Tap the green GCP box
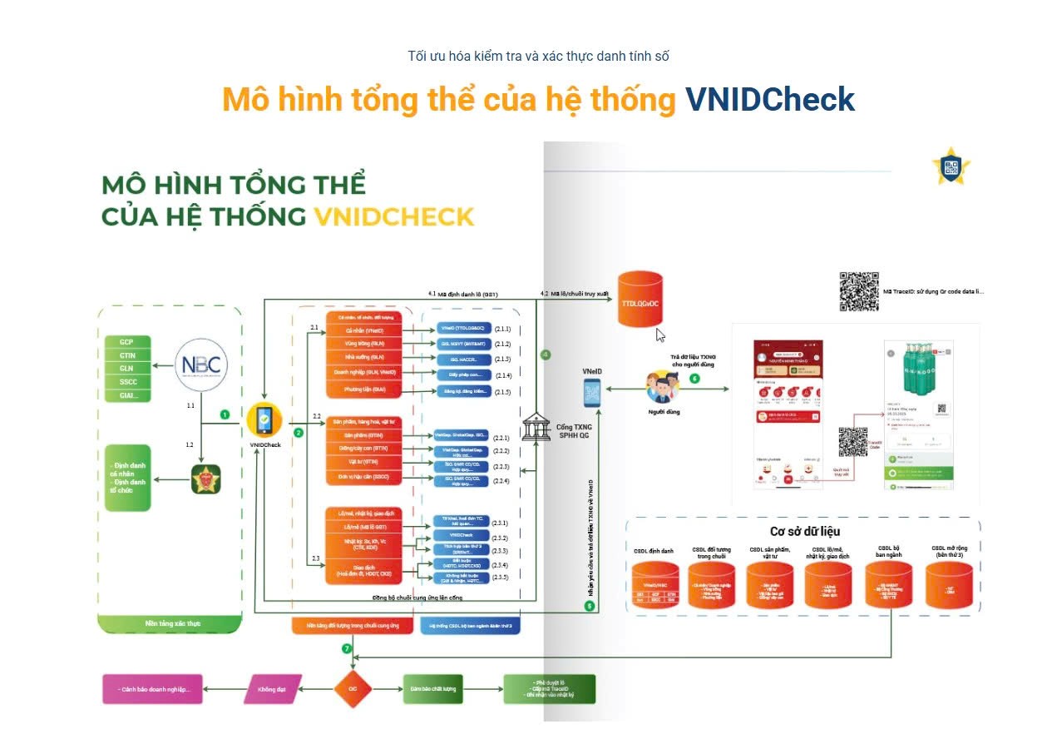tap(127, 342)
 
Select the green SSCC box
tap(127, 382)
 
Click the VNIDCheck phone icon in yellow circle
tap(264, 421)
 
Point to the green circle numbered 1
tap(225, 414)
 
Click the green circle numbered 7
tap(348, 648)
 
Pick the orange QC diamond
tap(353, 689)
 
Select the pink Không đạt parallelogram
tap(265, 689)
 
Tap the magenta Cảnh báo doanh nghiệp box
tap(153, 689)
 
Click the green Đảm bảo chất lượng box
tap(432, 689)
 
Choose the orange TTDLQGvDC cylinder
tap(641, 301)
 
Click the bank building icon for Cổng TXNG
tap(536, 427)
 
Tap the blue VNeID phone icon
tap(592, 391)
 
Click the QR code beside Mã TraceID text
tap(858, 291)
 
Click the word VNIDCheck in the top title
tap(769, 100)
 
